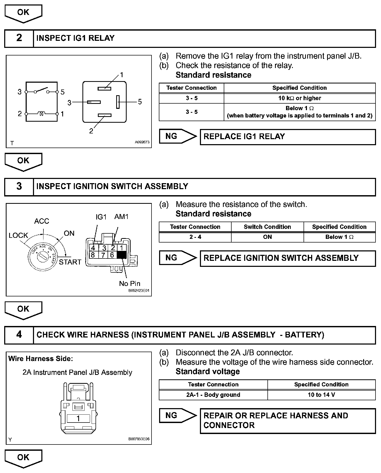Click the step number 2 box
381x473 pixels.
19,38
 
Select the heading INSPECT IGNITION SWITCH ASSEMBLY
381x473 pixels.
112,187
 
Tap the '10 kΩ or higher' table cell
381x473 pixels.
299,98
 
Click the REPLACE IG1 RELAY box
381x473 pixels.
288,137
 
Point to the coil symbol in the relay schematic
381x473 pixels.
41,114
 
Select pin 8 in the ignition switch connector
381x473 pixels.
93,255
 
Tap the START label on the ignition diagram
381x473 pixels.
70,262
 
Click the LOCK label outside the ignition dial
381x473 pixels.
18,235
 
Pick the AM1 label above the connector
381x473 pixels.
121,217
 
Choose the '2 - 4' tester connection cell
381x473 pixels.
195,237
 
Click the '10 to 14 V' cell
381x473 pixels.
321,395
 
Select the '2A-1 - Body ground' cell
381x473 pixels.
213,395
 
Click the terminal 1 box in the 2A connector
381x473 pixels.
78,419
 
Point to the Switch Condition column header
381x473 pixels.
267,227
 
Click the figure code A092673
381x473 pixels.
142,142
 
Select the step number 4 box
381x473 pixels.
19,335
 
